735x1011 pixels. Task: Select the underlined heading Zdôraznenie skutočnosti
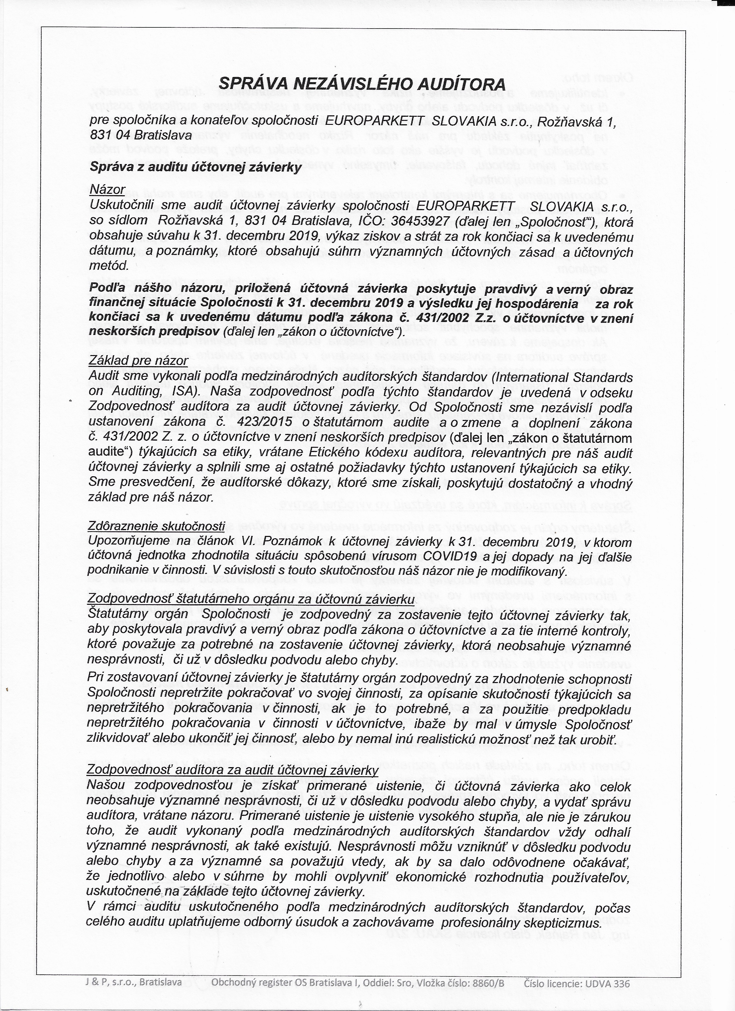[x=157, y=526]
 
